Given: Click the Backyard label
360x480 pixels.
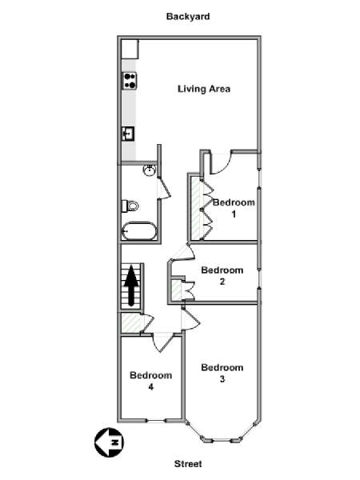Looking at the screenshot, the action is (x=188, y=16).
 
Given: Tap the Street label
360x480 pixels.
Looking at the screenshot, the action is (x=188, y=464).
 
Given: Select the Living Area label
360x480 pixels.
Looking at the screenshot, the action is (x=204, y=89).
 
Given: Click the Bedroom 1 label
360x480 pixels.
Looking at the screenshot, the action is (x=234, y=208).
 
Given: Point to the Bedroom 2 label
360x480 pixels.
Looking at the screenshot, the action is (x=222, y=275).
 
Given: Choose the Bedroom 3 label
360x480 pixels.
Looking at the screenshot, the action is (x=222, y=373).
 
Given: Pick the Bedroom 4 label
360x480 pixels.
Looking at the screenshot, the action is (x=151, y=381).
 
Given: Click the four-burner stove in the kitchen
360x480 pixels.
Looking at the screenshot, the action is (x=130, y=81).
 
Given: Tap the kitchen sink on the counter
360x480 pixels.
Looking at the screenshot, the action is (x=129, y=134).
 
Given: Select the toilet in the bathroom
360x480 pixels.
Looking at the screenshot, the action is (x=130, y=206).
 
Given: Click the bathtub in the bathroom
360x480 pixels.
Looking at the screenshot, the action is (x=139, y=231).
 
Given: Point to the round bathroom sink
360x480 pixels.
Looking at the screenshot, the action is (x=150, y=170).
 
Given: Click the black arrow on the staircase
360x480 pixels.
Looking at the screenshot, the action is (x=131, y=286).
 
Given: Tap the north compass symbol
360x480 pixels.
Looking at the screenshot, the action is (x=110, y=442).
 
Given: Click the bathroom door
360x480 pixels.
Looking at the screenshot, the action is (x=165, y=188).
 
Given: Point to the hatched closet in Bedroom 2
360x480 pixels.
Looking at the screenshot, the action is (x=176, y=290).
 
